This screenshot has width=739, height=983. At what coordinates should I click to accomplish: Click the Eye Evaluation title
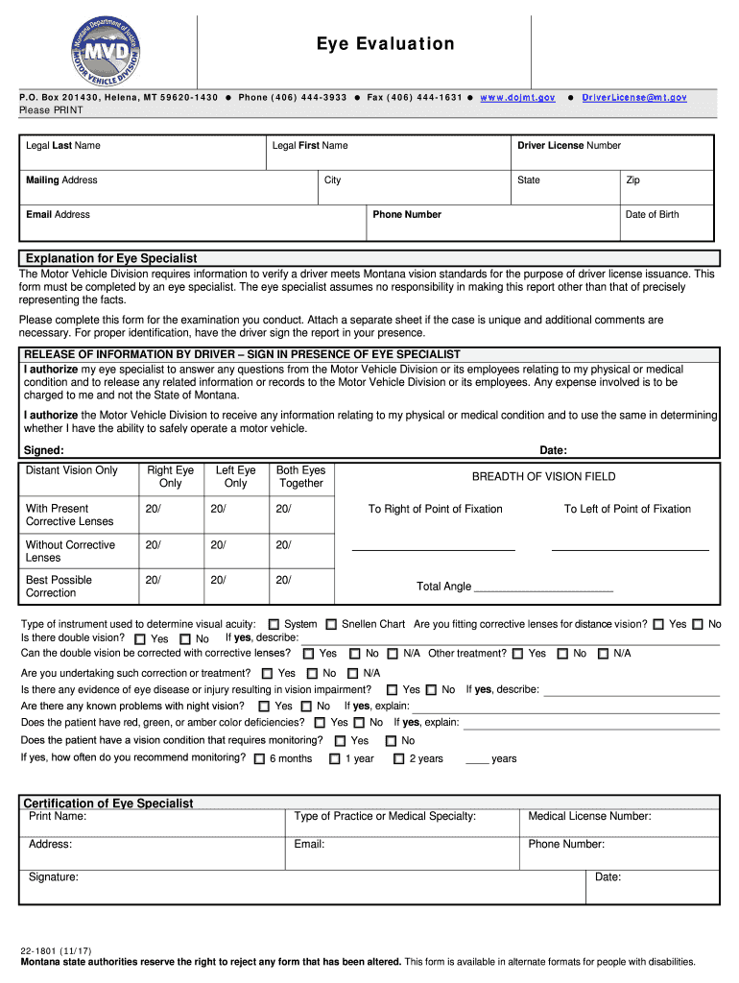point(386,44)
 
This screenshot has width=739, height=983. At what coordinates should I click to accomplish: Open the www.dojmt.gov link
point(517,98)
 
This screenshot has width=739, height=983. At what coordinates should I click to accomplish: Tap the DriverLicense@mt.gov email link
point(634,98)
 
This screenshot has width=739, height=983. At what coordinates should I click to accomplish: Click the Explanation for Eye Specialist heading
point(111,258)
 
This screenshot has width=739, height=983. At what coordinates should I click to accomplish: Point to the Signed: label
point(44,450)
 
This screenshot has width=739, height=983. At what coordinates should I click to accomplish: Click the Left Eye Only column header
point(236,477)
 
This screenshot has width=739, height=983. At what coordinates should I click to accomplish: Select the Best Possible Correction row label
point(60,587)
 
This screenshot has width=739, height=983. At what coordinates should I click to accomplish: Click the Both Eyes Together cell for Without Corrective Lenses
point(300,551)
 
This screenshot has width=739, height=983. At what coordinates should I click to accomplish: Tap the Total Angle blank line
point(543,587)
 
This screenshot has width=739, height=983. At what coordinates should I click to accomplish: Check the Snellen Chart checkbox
point(331,625)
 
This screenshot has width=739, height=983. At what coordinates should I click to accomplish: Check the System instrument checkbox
point(274,625)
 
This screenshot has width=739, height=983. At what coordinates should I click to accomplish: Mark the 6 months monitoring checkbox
point(259,759)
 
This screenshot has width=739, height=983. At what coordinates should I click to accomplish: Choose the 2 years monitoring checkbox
point(398,759)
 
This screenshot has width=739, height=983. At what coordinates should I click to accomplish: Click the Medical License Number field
point(619,823)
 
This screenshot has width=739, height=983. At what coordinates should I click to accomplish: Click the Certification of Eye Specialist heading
point(108,803)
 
